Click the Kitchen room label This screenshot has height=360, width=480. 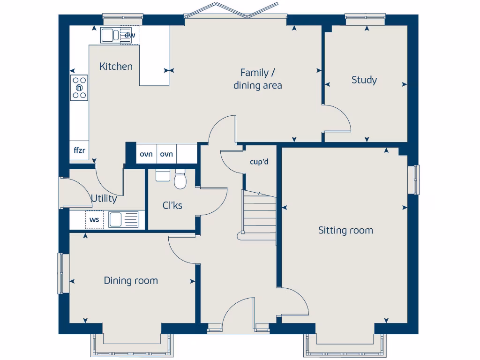116,67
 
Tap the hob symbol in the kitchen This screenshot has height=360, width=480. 79,88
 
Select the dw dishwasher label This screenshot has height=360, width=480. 130,35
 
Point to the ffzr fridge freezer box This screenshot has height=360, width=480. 79,150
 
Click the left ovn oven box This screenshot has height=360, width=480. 146,154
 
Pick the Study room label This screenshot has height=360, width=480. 364,80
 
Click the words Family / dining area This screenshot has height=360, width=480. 258,79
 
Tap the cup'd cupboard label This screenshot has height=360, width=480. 259,162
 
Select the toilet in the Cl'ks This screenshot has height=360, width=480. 180,180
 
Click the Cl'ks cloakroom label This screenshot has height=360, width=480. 172,205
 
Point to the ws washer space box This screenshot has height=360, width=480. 94,219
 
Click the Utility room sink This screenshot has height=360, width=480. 123,219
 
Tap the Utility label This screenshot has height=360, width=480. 104,199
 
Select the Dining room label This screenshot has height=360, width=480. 131,281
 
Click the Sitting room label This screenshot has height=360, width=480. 345,230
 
